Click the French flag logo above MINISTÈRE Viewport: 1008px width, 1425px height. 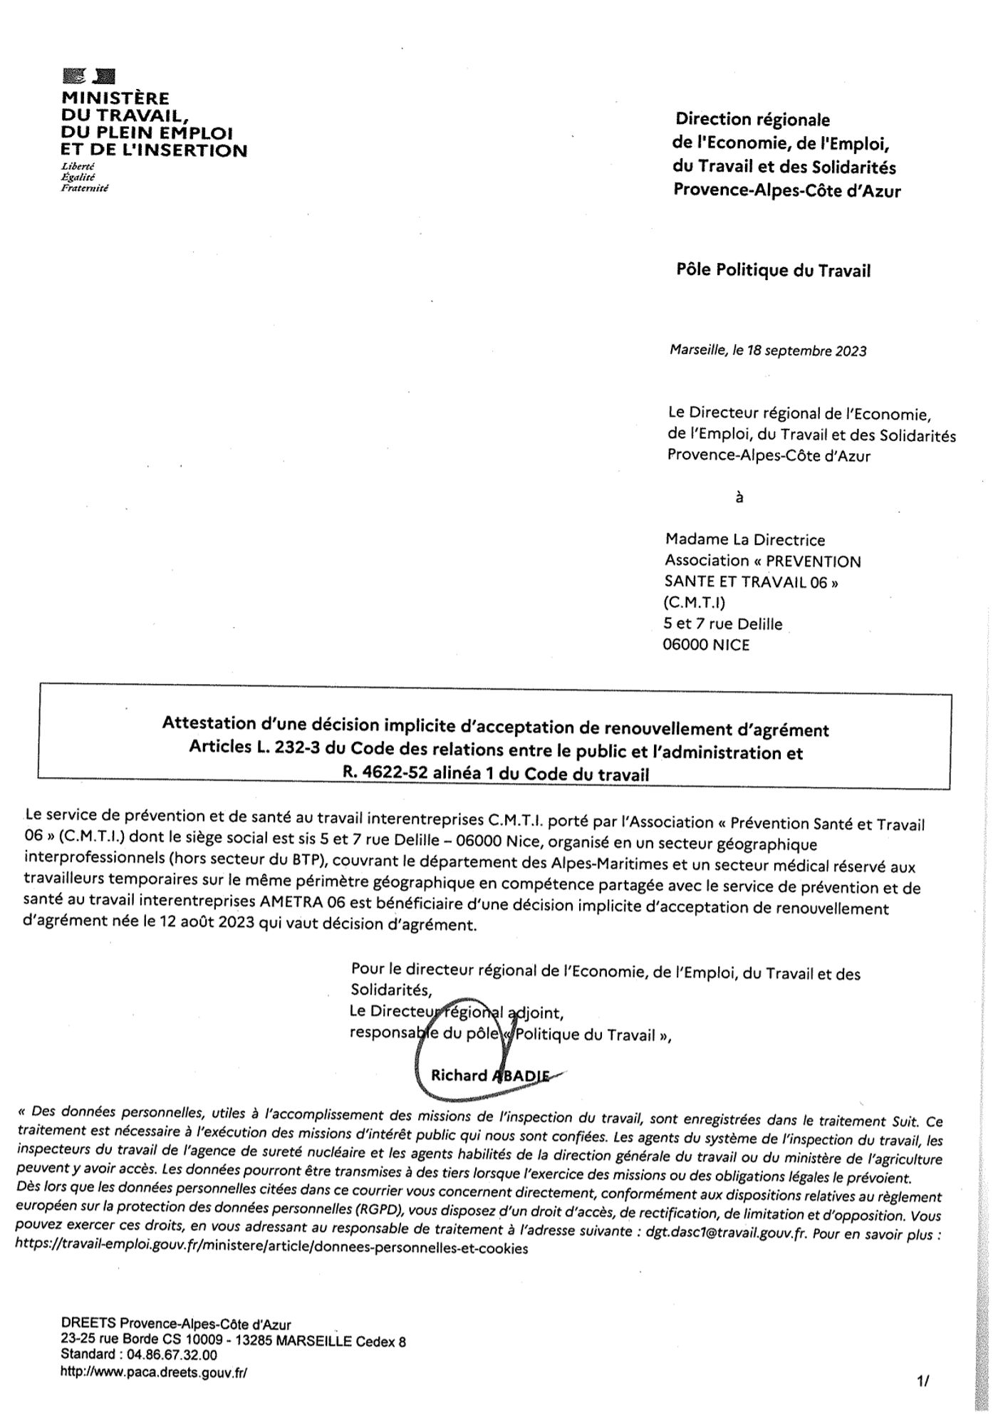[x=89, y=76]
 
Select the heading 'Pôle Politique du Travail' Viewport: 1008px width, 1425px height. [x=773, y=271]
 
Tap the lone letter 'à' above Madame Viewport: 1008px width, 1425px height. [x=739, y=498]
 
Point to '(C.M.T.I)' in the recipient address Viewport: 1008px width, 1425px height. [x=694, y=603]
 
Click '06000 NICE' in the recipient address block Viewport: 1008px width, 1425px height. [x=706, y=646]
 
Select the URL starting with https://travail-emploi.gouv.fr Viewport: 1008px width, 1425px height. [x=271, y=1249]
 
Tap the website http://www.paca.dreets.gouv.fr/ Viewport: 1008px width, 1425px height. [x=154, y=1372]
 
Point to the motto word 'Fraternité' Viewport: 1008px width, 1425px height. [x=85, y=188]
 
